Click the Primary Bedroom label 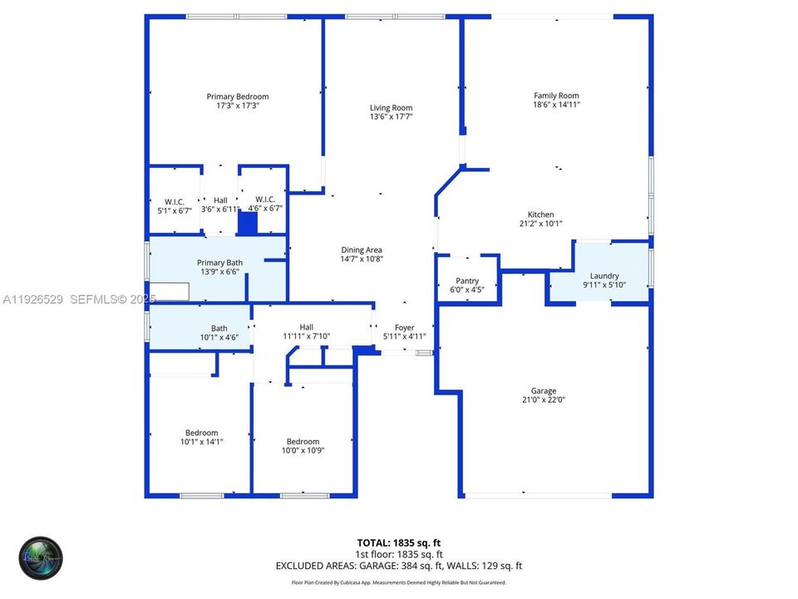[x=238, y=97]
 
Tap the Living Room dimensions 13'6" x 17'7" [x=391, y=117]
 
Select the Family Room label [x=556, y=96]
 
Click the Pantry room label [x=467, y=281]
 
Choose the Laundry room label [x=604, y=276]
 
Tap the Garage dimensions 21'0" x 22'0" [x=544, y=400]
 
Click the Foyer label [x=404, y=328]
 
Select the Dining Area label [x=362, y=250]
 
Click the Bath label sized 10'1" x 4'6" [x=219, y=329]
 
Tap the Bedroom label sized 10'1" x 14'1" [x=201, y=433]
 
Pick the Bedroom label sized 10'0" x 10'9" [x=303, y=442]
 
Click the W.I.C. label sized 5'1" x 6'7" [x=175, y=200]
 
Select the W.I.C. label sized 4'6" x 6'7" [x=265, y=199]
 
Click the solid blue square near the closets [x=248, y=223]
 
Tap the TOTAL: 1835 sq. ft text [x=398, y=542]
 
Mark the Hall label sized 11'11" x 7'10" [x=307, y=327]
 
